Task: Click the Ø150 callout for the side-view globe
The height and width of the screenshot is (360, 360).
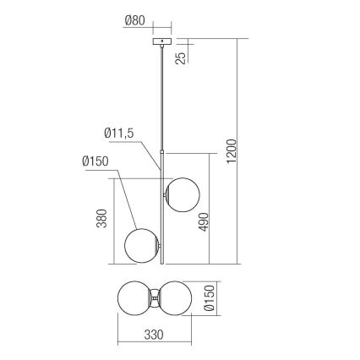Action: tap(97, 160)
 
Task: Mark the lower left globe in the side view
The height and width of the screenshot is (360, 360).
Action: tap(139, 246)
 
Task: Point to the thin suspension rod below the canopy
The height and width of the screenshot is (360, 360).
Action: tap(160, 93)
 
